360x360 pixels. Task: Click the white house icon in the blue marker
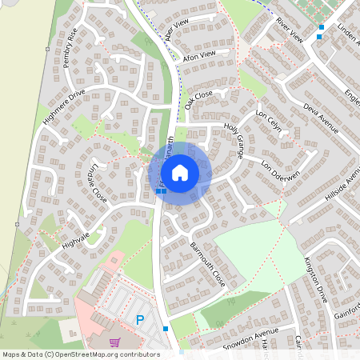[180, 172]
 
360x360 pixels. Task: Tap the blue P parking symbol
[140, 319]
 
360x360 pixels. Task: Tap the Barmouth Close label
[207, 263]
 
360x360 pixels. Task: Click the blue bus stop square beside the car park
[166, 329]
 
